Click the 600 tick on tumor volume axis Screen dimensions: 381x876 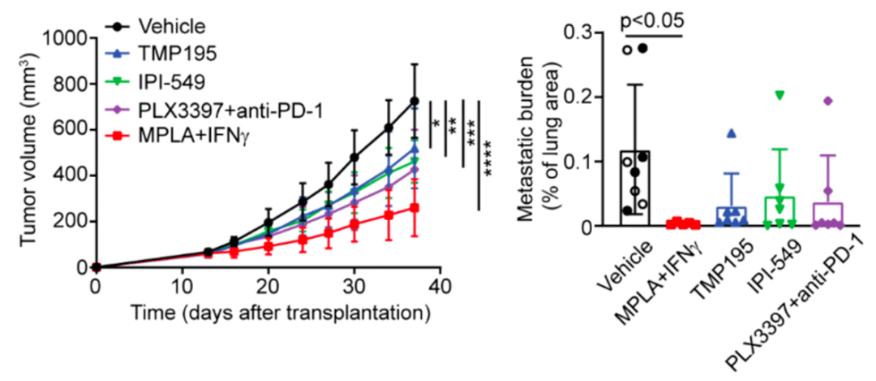71,129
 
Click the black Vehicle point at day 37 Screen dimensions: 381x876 414,101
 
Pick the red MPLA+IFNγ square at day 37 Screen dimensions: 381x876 414,208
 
